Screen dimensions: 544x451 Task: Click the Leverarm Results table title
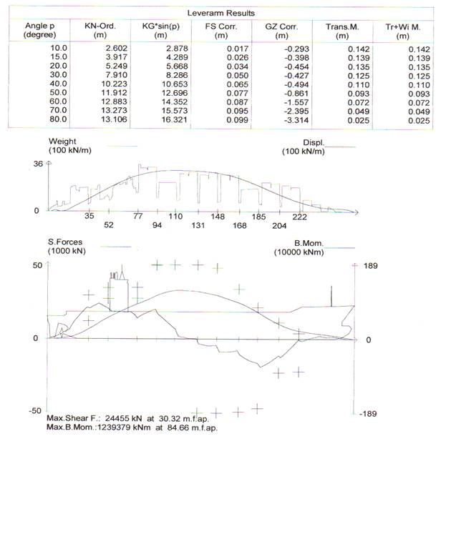[x=221, y=14]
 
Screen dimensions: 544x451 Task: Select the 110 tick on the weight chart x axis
[x=175, y=216]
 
